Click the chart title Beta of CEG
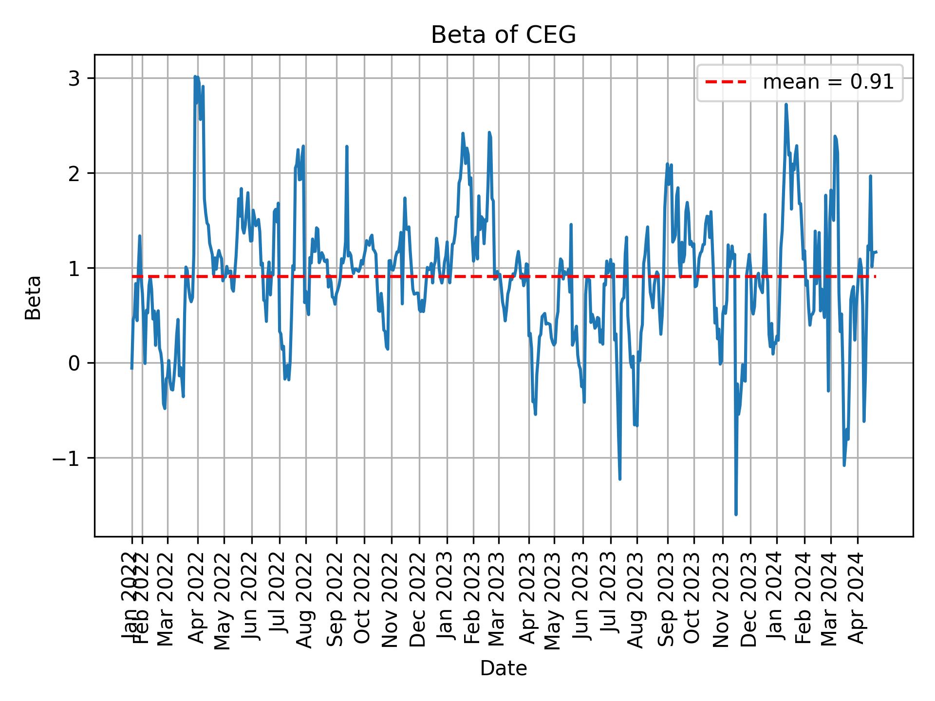(503, 35)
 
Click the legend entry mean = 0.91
(828, 82)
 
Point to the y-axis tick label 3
(74, 78)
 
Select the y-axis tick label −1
(67, 458)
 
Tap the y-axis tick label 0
(74, 363)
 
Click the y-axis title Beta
(33, 297)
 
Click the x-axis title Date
(503, 668)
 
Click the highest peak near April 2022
(195, 76)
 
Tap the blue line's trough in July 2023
(620, 479)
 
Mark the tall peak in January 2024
(786, 104)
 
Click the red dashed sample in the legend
(726, 82)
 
